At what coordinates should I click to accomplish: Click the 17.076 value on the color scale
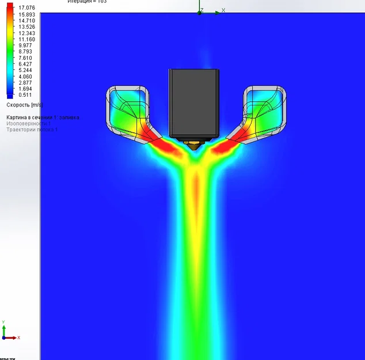pos(26,7)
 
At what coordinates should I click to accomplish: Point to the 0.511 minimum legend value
pos(25,95)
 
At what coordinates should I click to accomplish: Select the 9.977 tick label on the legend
pos(25,45)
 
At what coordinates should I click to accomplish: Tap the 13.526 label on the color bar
pos(26,26)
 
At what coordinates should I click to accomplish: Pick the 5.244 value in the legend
pos(25,70)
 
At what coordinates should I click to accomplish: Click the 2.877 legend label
pos(25,83)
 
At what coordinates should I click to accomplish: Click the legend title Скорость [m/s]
pos(24,105)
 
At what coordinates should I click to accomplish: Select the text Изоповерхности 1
pos(28,123)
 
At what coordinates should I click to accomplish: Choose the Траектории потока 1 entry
pos(31,130)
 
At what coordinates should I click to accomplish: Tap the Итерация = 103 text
pos(87,2)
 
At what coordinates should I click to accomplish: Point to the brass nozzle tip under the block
pos(193,142)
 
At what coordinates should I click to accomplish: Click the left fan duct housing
pos(128,109)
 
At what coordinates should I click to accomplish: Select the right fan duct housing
pos(265,109)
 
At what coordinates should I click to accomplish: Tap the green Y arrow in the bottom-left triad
pos(4,327)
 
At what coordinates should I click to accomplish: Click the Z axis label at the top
pos(202,10)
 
